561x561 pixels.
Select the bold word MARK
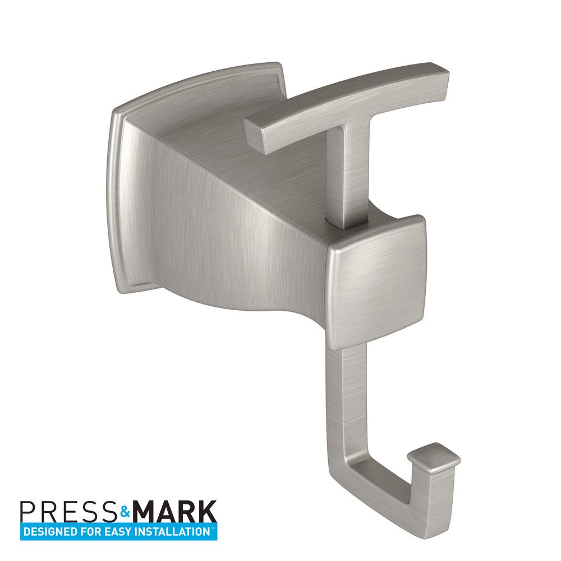click(173, 512)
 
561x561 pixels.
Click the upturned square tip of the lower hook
click(433, 457)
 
